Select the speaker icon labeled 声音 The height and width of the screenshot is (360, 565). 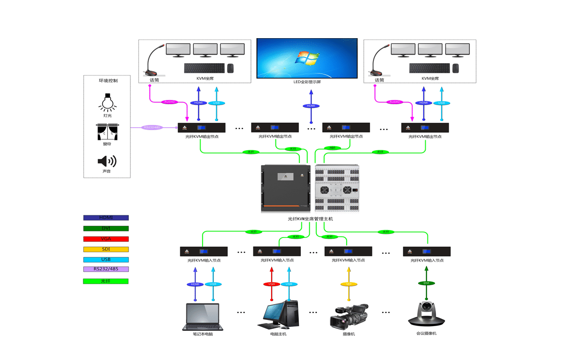pyautogui.click(x=107, y=162)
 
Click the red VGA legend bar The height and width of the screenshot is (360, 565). pyautogui.click(x=105, y=239)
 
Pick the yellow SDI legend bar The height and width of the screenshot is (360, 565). pyautogui.click(x=105, y=249)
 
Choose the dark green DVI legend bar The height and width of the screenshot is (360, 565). pyautogui.click(x=105, y=228)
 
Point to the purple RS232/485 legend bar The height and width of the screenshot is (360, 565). pyautogui.click(x=105, y=269)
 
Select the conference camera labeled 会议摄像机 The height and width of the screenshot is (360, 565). pyautogui.click(x=426, y=314)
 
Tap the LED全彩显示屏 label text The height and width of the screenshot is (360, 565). pyautogui.click(x=307, y=82)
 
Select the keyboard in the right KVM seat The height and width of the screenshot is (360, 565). pyautogui.click(x=429, y=68)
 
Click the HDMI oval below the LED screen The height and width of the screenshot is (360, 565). pyautogui.click(x=311, y=106)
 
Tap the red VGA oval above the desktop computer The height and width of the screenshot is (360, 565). pyautogui.click(x=271, y=284)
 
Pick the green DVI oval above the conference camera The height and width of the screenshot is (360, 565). pyautogui.click(x=426, y=283)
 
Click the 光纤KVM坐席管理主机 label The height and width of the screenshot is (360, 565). pyautogui.click(x=310, y=219)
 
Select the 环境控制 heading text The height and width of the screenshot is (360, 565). pyautogui.click(x=108, y=81)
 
